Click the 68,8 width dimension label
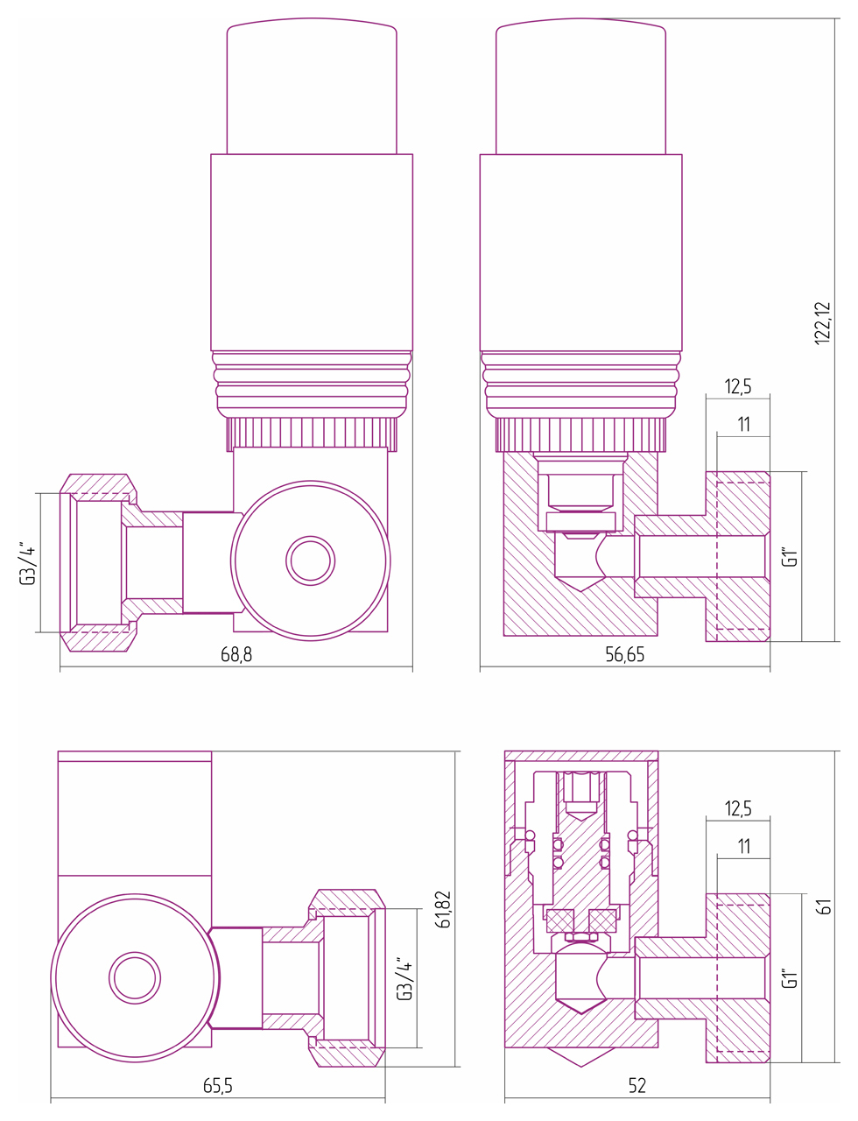236,655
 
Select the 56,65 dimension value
624,655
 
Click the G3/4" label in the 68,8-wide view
28,563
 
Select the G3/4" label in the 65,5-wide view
404,979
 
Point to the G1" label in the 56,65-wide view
789,557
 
